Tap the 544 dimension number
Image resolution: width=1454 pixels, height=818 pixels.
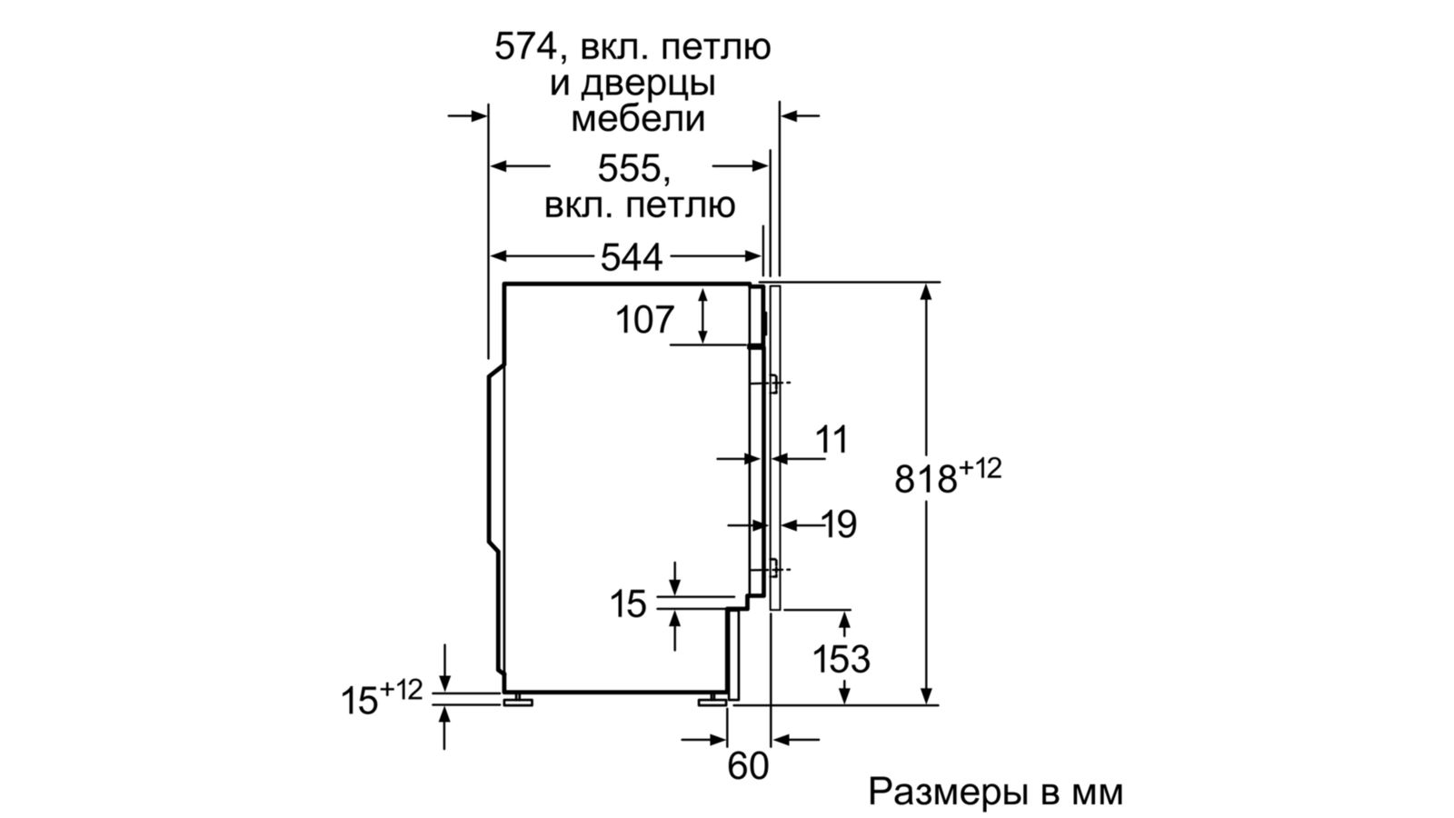(631, 258)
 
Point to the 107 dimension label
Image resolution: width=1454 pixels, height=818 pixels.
(645, 320)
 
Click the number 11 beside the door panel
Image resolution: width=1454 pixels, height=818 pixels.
(831, 440)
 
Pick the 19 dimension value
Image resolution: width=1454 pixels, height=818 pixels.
(839, 524)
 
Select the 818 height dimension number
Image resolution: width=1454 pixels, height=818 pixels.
(925, 479)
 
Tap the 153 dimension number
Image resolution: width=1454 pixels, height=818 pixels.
(841, 659)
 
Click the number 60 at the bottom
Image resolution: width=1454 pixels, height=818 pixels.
(748, 766)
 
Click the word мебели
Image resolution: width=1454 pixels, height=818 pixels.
(638, 119)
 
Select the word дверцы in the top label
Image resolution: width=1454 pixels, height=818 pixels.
(648, 84)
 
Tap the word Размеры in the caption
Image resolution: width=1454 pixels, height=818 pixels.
(948, 792)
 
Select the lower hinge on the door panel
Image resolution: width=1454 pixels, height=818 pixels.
(772, 570)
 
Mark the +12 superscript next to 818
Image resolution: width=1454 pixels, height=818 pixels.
(980, 469)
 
